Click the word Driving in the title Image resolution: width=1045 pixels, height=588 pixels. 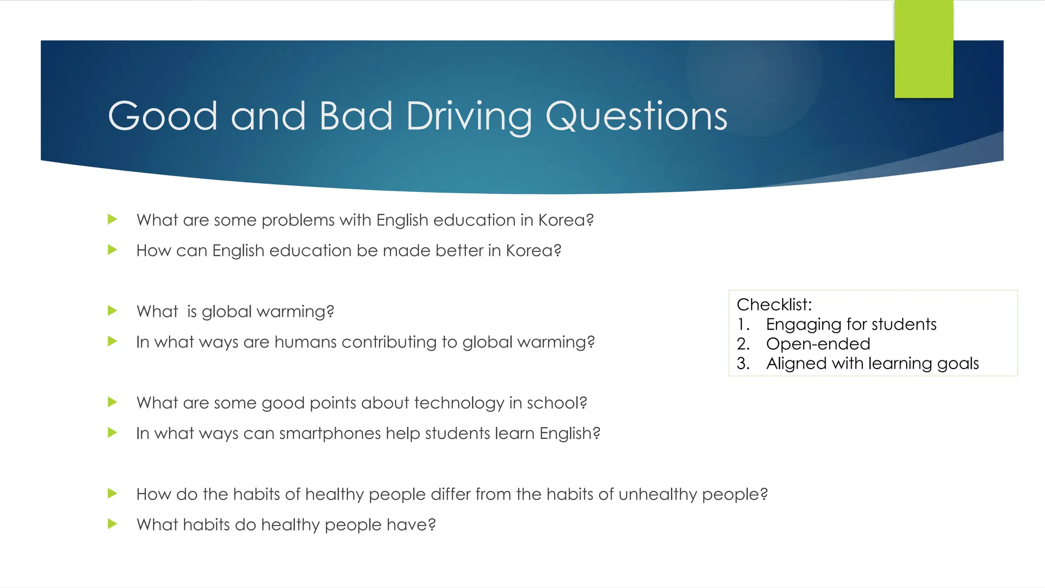(x=468, y=116)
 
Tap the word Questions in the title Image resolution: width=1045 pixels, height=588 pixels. (x=636, y=116)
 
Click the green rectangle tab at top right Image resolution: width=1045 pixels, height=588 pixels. (x=924, y=49)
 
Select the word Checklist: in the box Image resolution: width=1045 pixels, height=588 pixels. (x=774, y=305)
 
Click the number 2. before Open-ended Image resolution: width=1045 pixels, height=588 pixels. (x=743, y=344)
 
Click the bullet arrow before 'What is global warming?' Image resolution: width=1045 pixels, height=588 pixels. (x=113, y=311)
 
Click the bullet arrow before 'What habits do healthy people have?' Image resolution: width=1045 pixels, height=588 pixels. (x=113, y=524)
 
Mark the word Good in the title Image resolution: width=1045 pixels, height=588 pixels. (x=163, y=116)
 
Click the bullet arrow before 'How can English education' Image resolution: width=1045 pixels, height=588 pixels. (x=113, y=250)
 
